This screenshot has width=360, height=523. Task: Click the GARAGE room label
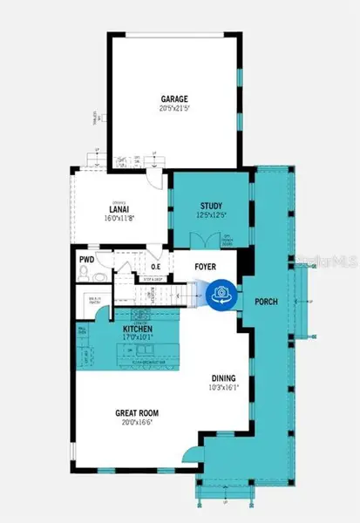(174, 98)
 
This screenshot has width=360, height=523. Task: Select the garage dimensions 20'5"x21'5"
(174, 109)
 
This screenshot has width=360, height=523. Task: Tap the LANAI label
(119, 208)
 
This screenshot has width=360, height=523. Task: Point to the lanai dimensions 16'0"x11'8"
(119, 218)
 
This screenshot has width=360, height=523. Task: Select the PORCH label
(266, 302)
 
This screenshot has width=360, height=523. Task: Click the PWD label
(86, 260)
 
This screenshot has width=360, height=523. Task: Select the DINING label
(222, 378)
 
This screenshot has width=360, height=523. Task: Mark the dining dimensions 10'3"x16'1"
(222, 388)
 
